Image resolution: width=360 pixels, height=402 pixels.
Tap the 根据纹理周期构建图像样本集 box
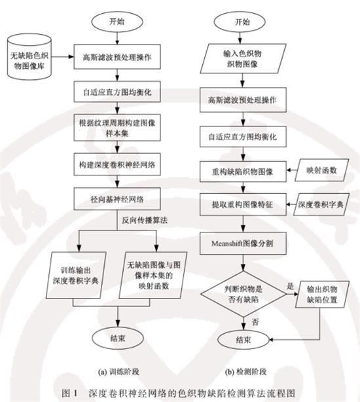pos(118,126)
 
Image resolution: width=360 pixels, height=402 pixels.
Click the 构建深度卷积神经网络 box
pos(118,161)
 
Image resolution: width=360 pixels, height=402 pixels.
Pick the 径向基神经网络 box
pos(118,196)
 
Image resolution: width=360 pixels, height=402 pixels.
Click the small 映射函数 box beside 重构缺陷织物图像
pos(320,170)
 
